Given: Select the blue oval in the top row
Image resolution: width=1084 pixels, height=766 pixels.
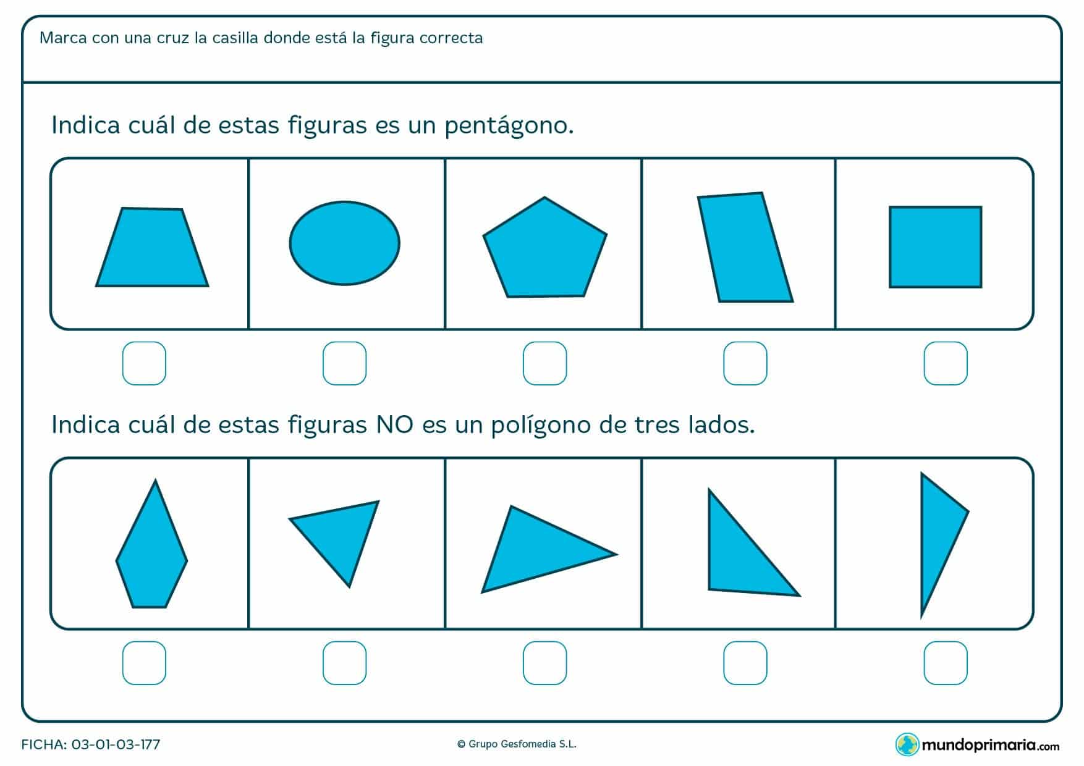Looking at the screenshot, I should point(345,243).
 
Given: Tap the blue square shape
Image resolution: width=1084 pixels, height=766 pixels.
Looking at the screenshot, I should point(935,247).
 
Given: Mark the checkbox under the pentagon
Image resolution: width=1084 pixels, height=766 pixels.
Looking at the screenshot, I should point(544,363).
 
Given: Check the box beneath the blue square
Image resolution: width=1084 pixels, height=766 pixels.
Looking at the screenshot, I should point(945,363).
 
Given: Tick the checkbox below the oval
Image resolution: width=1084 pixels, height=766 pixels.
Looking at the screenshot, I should point(344,363).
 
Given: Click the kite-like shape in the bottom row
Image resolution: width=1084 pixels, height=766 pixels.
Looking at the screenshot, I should point(151,550).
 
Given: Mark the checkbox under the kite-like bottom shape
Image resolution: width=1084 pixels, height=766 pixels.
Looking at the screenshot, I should point(144,663).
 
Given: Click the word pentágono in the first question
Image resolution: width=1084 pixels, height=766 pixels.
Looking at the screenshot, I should point(509,126).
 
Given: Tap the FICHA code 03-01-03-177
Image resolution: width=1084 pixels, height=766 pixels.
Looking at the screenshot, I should point(116,744).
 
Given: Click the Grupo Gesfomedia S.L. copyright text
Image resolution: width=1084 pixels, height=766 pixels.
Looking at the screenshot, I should point(517,744).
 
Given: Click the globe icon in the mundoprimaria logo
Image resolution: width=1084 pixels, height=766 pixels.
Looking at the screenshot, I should point(907,744).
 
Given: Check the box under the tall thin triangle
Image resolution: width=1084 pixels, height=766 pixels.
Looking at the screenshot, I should point(945,663).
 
